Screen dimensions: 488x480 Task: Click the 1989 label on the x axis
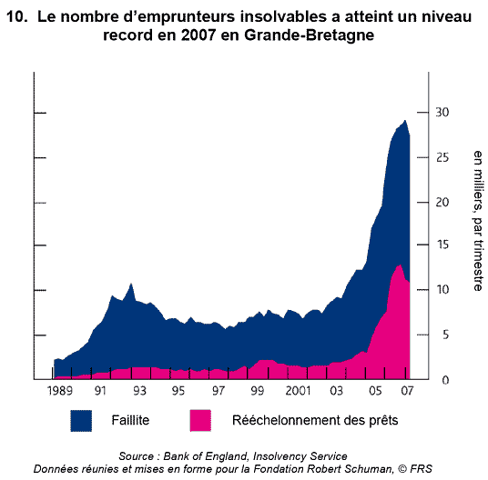60,391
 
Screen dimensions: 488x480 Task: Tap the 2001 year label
298,391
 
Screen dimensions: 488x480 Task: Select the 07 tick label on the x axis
407,391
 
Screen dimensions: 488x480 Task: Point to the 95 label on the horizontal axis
178,391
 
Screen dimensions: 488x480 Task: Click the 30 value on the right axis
442,112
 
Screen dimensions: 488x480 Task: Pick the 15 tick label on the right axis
442,245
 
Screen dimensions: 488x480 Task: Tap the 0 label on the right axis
445,380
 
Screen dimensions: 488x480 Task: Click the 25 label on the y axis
442,157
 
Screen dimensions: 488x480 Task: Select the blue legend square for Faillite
81,421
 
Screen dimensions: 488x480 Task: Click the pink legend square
200,421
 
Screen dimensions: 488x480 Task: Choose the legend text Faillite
130,420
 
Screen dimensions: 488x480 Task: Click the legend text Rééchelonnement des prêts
315,421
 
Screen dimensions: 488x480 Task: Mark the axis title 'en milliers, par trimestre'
478,221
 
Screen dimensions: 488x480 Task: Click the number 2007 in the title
198,35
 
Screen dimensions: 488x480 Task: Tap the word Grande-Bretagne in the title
309,35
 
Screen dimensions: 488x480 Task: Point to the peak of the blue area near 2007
405,121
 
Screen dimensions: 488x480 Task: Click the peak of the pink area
401,265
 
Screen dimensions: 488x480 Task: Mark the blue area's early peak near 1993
131,284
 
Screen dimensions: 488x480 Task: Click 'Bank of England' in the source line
206,456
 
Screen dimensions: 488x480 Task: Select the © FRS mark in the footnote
415,468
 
